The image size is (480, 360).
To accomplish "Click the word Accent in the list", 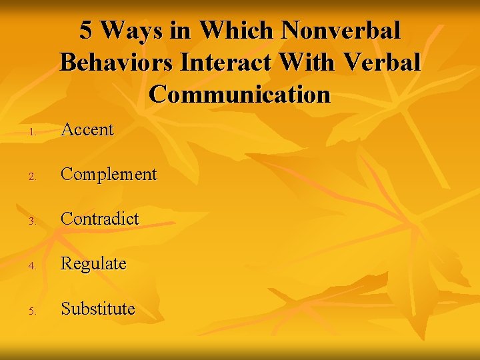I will (x=87, y=129).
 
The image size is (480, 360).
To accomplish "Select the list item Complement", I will (x=109, y=175).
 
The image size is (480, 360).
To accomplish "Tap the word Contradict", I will (x=100, y=219).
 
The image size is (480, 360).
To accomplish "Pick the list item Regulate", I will (x=93, y=264).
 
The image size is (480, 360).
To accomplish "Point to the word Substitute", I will (x=98, y=309).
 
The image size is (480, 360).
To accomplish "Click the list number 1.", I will (x=33, y=131).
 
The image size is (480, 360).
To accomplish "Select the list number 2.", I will (x=33, y=177).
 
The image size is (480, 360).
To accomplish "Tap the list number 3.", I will (x=33, y=221).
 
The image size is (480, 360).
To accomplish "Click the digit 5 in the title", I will (x=86, y=31).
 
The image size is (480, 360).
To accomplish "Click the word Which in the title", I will (x=237, y=31).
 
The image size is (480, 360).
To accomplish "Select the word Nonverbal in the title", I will (x=341, y=31).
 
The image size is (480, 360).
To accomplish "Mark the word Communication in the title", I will (x=240, y=94).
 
